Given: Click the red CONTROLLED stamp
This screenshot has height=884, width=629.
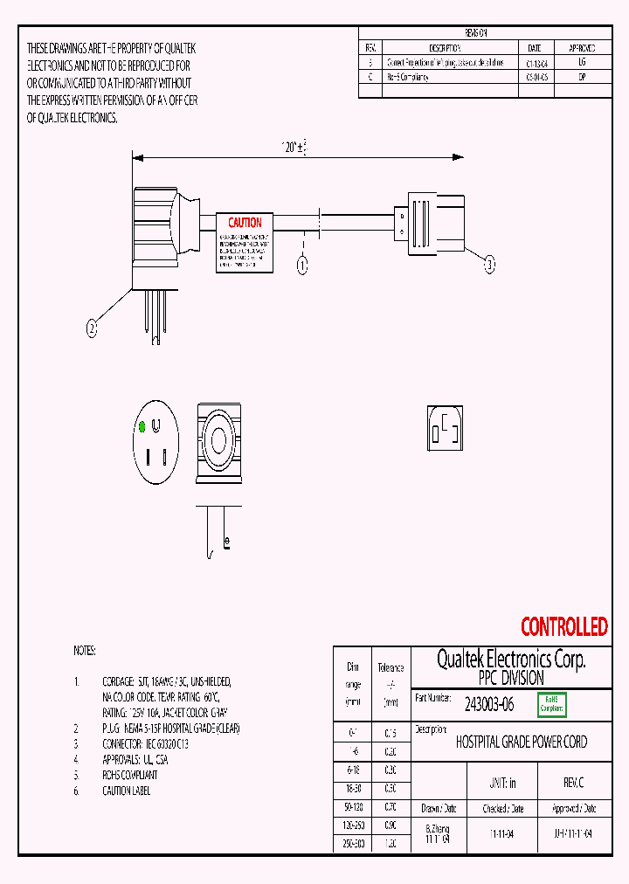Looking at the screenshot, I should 563,626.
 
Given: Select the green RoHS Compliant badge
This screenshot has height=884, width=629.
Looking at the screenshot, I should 552,704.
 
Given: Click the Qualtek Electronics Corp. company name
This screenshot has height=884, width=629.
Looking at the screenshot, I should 511,660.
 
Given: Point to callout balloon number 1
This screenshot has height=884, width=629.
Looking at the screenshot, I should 302,263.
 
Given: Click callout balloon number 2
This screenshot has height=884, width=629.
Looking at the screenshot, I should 92,328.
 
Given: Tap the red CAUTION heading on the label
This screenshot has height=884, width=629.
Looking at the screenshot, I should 245,223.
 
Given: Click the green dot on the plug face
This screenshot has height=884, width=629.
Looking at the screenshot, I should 142,427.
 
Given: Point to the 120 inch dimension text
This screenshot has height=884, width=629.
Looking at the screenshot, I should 294,148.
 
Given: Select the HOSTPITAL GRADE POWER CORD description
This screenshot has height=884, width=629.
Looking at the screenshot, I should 522,742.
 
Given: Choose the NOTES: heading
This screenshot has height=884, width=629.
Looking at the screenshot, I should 85,652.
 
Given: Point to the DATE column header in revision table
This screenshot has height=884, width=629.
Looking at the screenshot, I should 535,48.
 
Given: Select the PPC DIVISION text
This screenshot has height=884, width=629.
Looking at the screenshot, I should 511,678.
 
